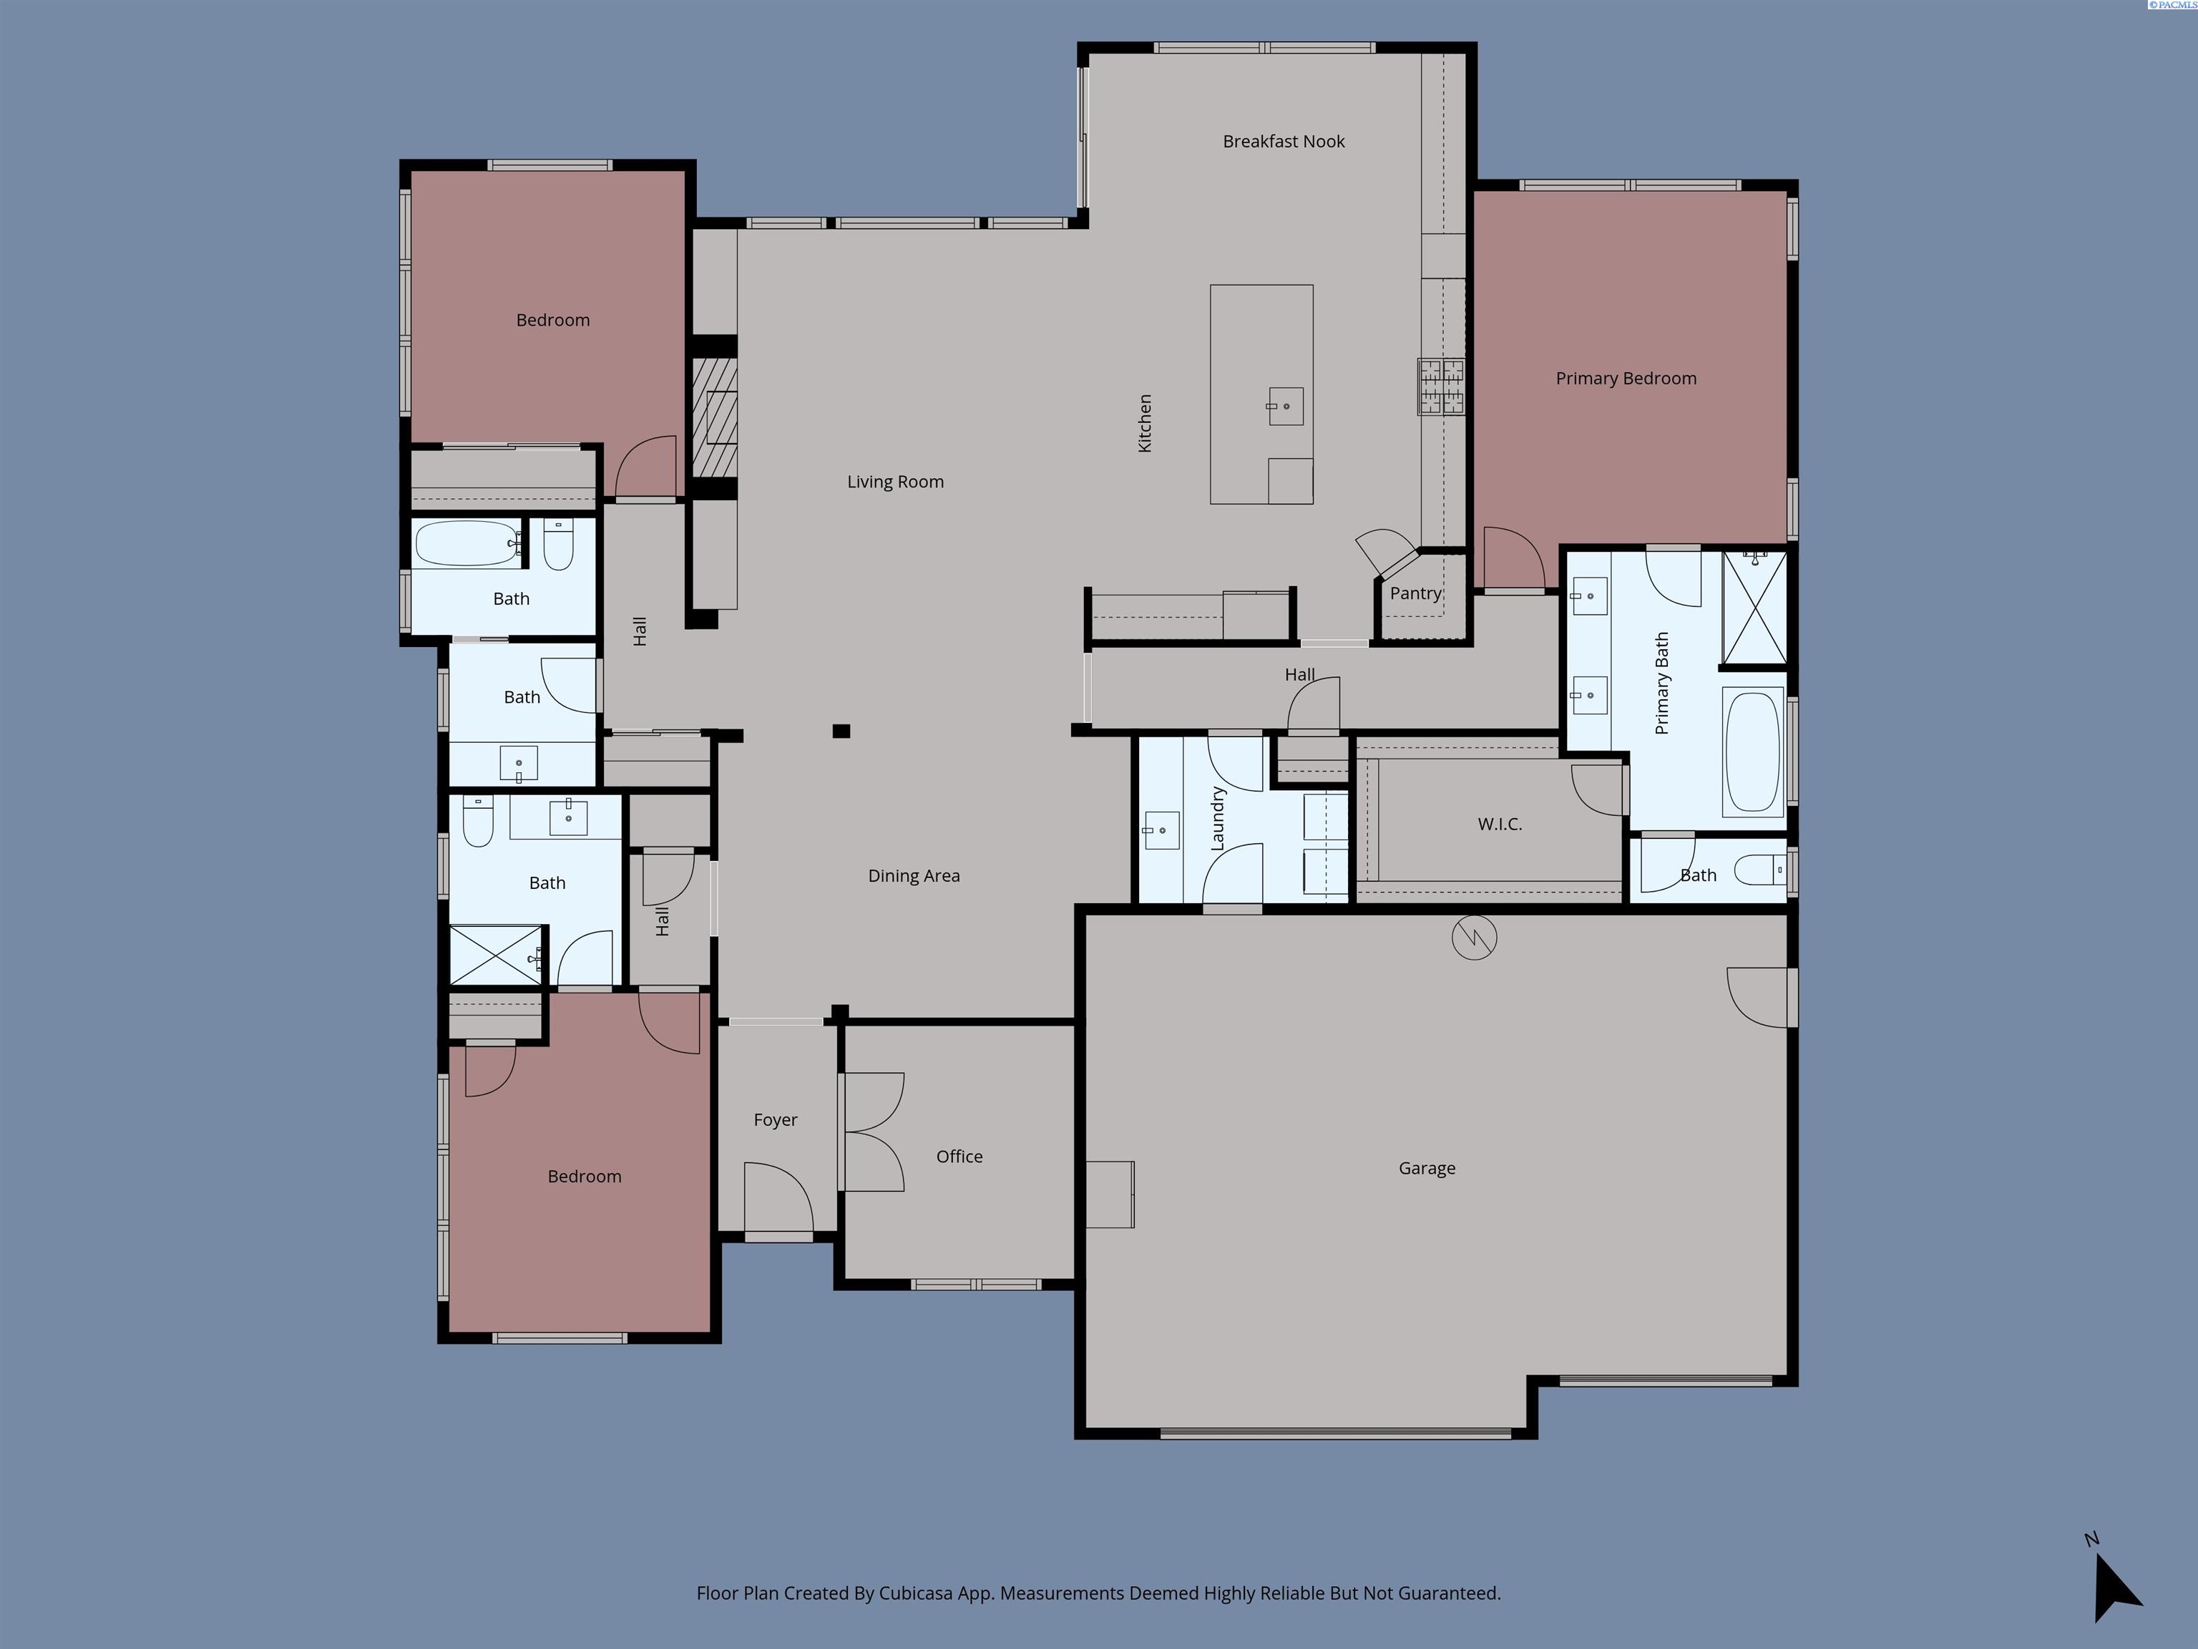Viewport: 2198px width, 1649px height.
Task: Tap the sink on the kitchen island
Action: click(1286, 407)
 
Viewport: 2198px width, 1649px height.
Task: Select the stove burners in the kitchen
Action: click(1441, 386)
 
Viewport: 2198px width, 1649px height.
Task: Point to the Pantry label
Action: click(1415, 593)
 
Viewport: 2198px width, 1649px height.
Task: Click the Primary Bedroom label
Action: click(1626, 379)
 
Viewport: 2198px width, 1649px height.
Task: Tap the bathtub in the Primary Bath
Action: click(1753, 752)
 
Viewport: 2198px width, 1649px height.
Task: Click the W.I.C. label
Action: click(1500, 824)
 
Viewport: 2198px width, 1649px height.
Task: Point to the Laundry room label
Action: click(1217, 819)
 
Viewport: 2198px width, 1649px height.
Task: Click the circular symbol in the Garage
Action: click(1474, 938)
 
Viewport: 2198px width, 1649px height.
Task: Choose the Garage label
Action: click(1426, 1168)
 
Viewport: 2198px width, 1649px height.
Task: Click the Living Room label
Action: click(894, 482)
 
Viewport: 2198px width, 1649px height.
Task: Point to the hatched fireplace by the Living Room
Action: click(713, 417)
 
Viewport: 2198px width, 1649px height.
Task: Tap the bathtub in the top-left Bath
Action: click(466, 544)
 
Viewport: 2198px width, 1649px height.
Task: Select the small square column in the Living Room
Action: click(841, 731)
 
